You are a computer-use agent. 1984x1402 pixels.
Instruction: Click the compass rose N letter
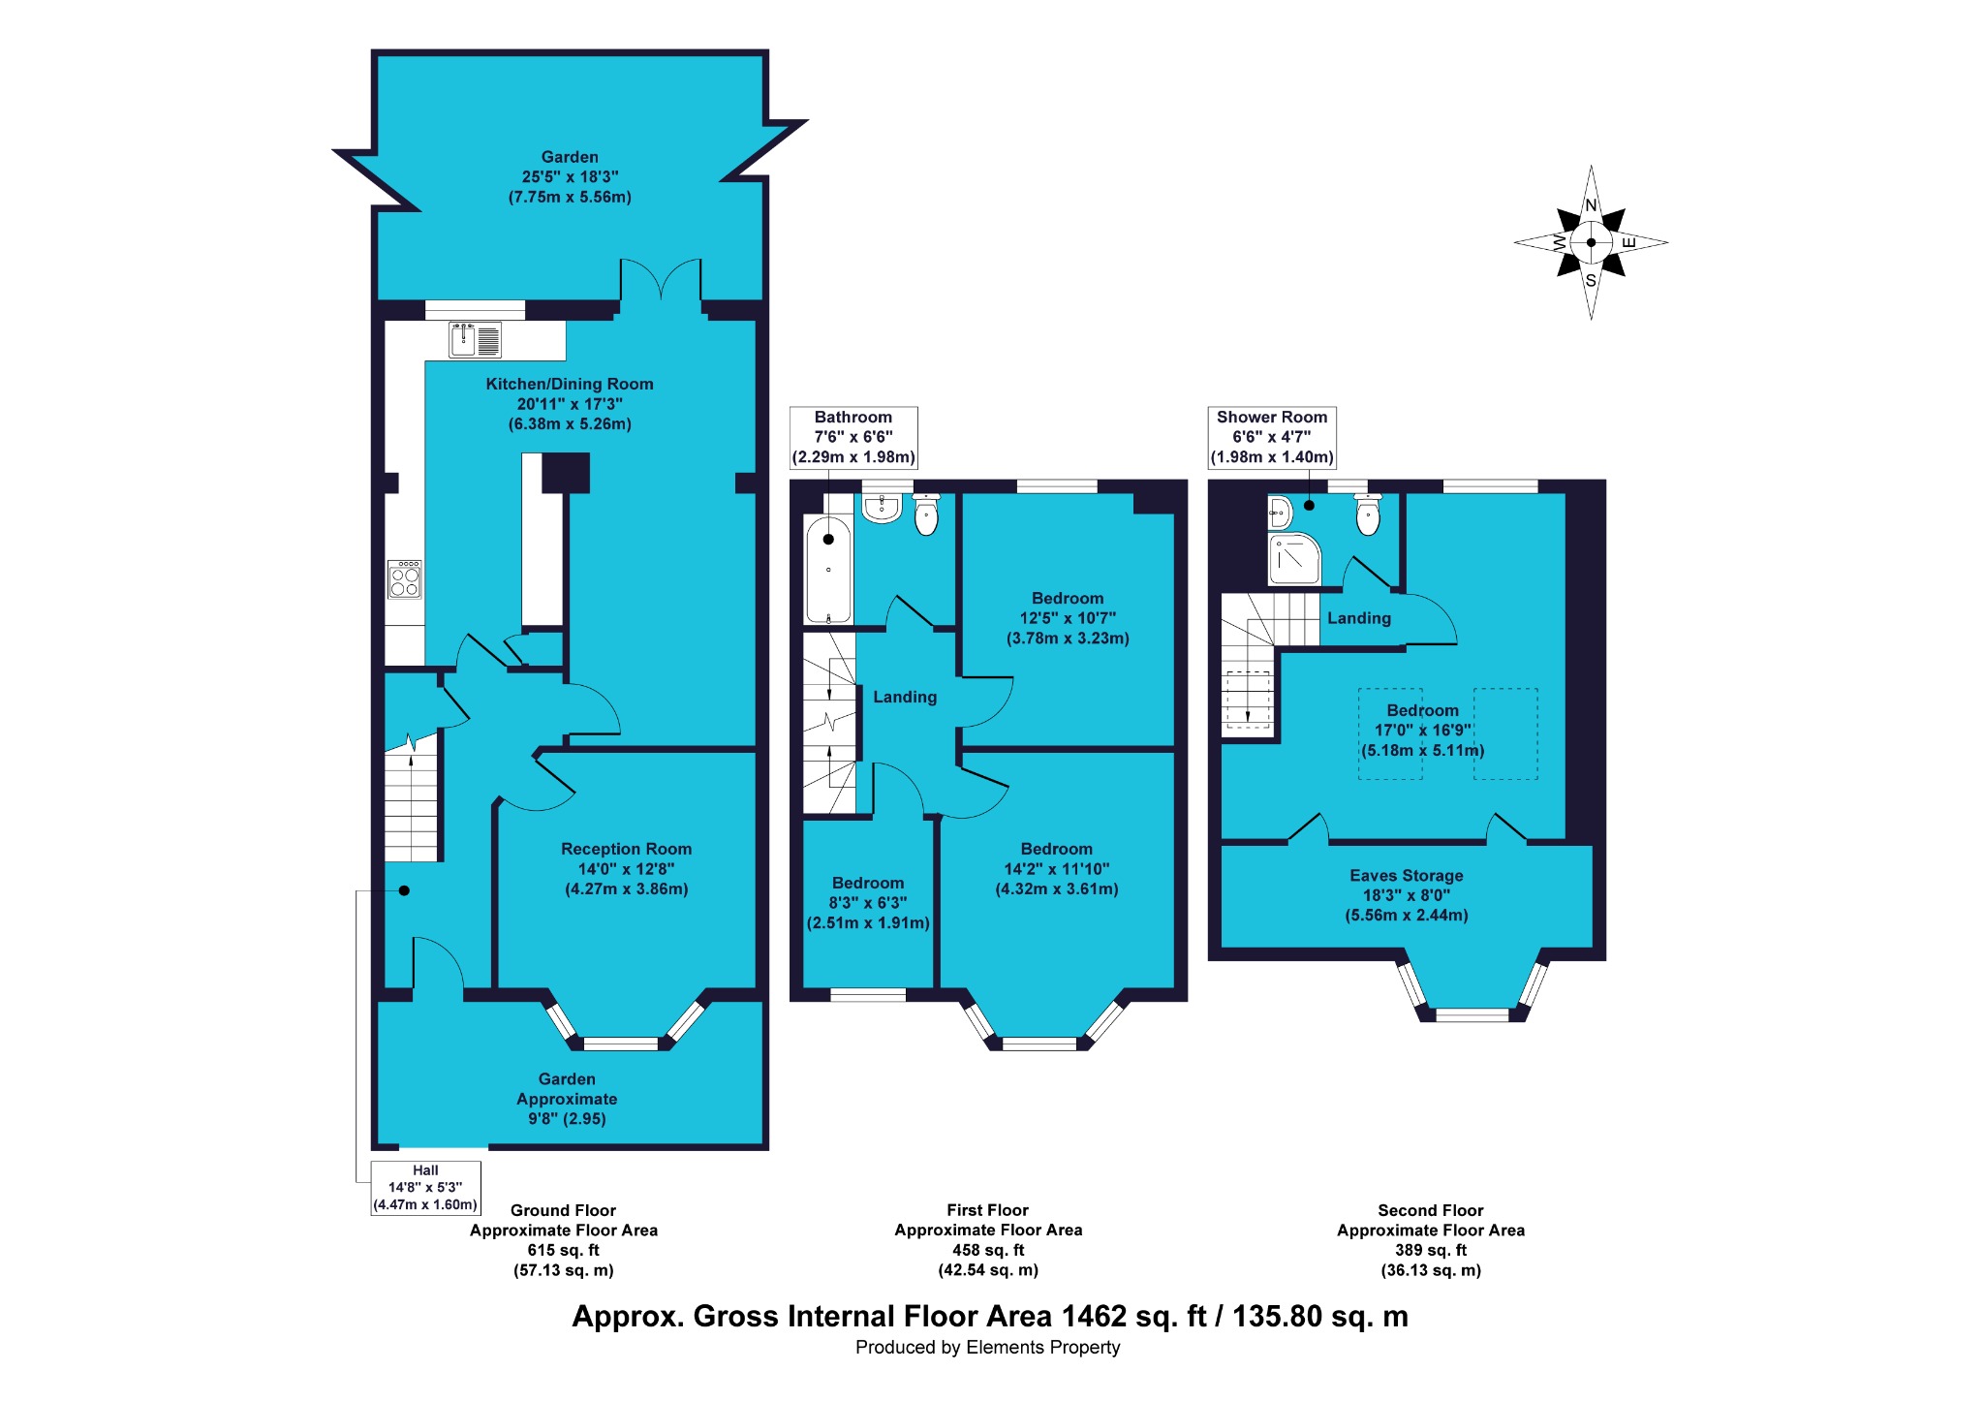[x=1591, y=205]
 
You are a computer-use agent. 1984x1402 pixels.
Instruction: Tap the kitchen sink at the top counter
[x=475, y=339]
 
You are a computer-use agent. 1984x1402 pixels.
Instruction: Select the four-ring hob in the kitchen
[x=405, y=579]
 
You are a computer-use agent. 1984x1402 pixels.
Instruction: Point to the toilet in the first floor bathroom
[x=927, y=514]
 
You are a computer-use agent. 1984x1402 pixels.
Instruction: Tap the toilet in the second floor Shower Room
[x=1368, y=514]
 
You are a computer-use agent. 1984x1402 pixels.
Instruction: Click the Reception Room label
[x=627, y=849]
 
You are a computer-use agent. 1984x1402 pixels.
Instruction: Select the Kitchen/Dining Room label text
[x=570, y=384]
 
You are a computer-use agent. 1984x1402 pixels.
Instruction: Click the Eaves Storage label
[x=1407, y=875]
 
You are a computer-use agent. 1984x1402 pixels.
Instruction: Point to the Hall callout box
[x=425, y=1188]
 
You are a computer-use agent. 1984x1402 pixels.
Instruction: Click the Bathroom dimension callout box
[x=853, y=437]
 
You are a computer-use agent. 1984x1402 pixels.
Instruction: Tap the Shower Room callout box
[x=1272, y=437]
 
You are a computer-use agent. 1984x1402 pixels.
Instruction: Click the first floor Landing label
[x=905, y=697]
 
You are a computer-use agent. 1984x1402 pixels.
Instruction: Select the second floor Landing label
[x=1359, y=618]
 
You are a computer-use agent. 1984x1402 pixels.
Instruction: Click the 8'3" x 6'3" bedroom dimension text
[x=868, y=903]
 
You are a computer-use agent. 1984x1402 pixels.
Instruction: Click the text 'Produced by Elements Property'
[x=988, y=1347]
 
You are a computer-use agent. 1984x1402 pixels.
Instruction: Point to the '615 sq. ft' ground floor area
[x=564, y=1250]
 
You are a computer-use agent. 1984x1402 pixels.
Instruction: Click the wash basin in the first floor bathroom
[x=882, y=508]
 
